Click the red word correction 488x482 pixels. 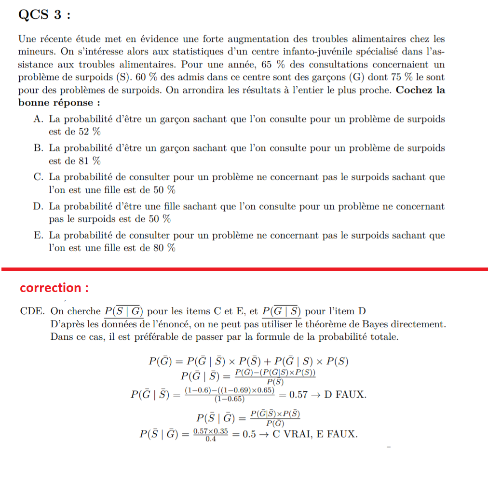click(54, 288)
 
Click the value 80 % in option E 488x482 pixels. click(164, 248)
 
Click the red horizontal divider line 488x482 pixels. click(244, 268)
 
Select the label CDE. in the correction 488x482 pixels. click(32, 311)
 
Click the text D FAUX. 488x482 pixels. click(345, 395)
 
